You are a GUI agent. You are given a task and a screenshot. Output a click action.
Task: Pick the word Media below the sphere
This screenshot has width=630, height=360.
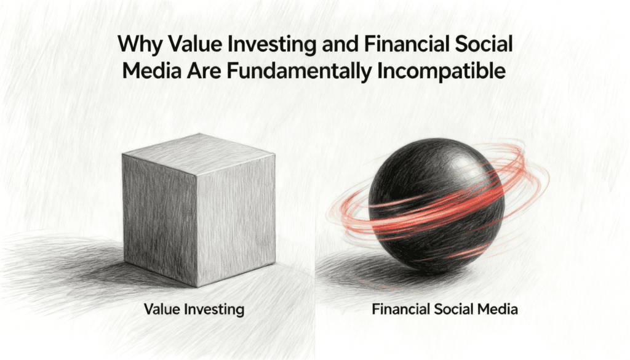(496, 309)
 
